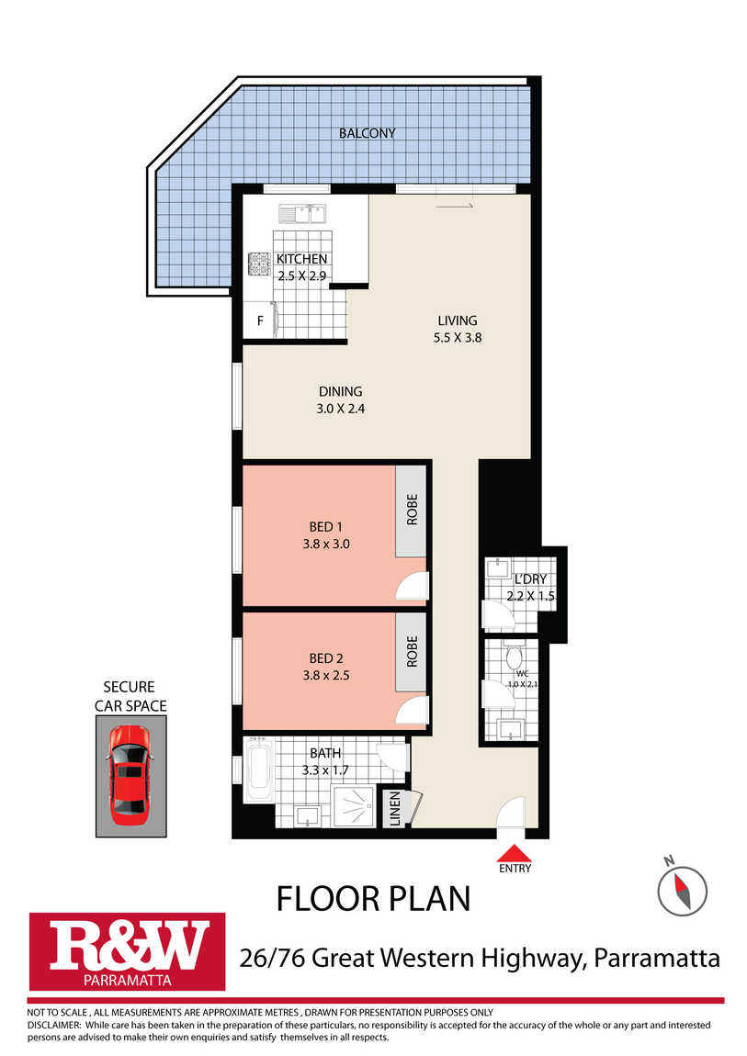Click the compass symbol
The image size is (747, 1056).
click(682, 891)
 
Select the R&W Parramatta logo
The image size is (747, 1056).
click(127, 951)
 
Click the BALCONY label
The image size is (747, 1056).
click(367, 133)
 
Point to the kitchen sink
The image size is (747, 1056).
click(302, 214)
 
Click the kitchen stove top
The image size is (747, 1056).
click(259, 264)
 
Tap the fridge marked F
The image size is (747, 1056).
click(260, 320)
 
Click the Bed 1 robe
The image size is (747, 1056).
click(412, 511)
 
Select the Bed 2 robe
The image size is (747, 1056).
click(412, 652)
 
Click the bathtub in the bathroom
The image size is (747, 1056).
click(259, 770)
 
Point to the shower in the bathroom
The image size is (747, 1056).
click(355, 805)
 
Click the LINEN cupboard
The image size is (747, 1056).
click(395, 808)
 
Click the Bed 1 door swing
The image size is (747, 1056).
click(413, 586)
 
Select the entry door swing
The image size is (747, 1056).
click(511, 813)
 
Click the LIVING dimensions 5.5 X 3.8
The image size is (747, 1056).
click(458, 338)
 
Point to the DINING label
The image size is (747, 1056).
click(340, 391)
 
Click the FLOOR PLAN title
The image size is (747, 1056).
click(373, 899)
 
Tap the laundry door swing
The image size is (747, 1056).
click(498, 612)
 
